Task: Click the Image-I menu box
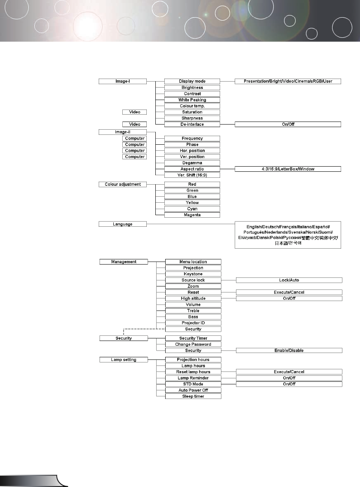pos(123,81)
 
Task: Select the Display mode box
pos(192,81)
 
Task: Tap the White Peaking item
pos(192,100)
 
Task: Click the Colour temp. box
pos(192,106)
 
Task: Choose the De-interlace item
pos(192,124)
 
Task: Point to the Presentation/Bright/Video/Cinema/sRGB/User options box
pos(287,81)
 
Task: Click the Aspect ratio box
pos(192,169)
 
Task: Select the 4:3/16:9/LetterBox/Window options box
pos(287,169)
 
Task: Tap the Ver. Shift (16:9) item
pos(192,175)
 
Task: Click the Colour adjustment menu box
pos(123,184)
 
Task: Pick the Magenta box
pos(192,215)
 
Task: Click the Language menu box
pos(123,224)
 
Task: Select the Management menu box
pos(124,262)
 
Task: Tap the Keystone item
pos(193,274)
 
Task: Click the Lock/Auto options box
pos(289,280)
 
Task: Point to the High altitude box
pos(193,298)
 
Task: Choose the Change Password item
pos(193,344)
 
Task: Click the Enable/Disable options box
pos(289,350)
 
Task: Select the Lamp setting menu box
pos(124,359)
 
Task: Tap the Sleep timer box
pos(193,396)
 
